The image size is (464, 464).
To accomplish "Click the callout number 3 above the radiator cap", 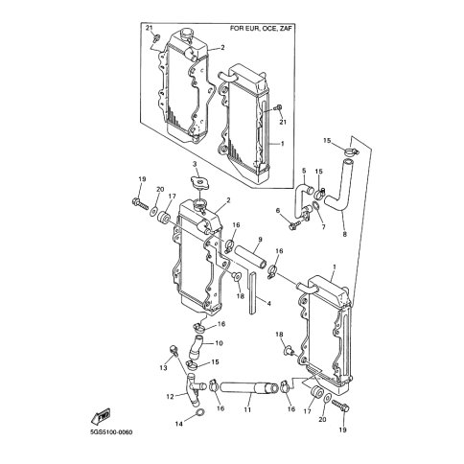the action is pyautogui.click(x=194, y=164).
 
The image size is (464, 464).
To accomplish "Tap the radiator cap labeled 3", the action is pyautogui.click(x=199, y=183).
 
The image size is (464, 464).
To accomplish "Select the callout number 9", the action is pyautogui.click(x=260, y=239).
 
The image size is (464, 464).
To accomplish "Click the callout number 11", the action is pyautogui.click(x=247, y=409).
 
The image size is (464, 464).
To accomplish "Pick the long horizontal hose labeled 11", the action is pyautogui.click(x=249, y=387).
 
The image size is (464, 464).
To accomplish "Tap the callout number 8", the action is pyautogui.click(x=344, y=234).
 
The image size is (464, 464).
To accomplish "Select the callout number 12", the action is pyautogui.click(x=170, y=397).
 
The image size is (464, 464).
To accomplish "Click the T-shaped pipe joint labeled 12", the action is pyautogui.click(x=194, y=389).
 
